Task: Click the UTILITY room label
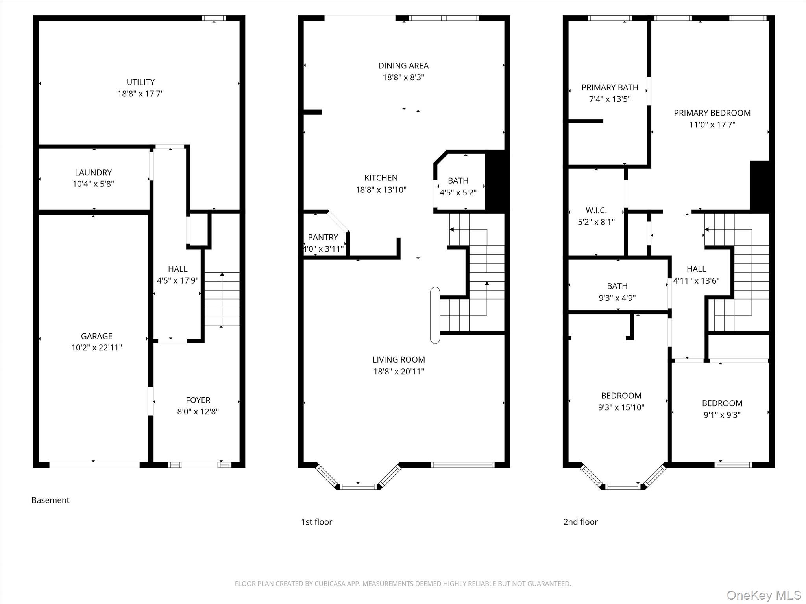(x=140, y=82)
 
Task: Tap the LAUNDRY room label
(x=93, y=173)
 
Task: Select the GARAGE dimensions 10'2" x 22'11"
(x=97, y=348)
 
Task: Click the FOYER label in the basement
(x=198, y=400)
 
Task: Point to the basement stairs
(x=222, y=299)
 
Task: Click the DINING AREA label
(x=403, y=66)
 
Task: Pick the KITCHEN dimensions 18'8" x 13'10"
(x=381, y=190)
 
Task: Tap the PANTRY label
(x=323, y=237)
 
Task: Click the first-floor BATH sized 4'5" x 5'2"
(x=458, y=180)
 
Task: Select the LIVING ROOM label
(x=399, y=359)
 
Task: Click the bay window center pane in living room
(x=358, y=486)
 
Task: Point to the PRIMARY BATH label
(x=610, y=87)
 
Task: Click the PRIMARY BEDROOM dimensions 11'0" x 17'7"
(x=712, y=125)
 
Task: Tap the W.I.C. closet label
(x=596, y=210)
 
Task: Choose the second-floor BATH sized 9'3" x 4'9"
(x=617, y=286)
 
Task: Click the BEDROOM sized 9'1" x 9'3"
(x=722, y=403)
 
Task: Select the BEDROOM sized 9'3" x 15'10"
(x=621, y=396)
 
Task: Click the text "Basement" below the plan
(x=50, y=500)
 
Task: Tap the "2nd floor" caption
(x=580, y=522)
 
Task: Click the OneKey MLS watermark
(x=764, y=595)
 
